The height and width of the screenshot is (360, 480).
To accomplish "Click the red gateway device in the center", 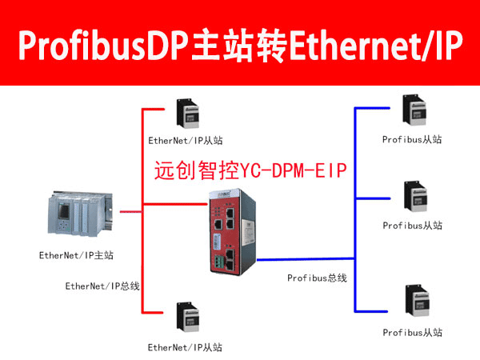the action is click(x=233, y=232).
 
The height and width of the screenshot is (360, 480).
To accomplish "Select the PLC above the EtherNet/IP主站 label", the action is click(x=80, y=214).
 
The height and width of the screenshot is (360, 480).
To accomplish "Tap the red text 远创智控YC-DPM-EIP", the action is click(x=250, y=170).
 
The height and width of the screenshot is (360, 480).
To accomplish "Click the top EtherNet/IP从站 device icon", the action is click(x=188, y=114).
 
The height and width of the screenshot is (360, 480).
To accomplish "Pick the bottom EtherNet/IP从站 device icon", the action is click(x=188, y=317).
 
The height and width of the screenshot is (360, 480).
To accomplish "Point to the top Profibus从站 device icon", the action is click(x=414, y=110).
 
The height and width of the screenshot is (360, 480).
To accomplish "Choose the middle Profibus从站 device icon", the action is click(x=415, y=196).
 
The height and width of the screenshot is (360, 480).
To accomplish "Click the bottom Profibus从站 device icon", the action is click(x=418, y=301).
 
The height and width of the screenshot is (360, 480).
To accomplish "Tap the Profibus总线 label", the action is click(x=317, y=278).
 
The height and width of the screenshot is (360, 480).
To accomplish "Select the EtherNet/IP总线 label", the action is click(x=102, y=286).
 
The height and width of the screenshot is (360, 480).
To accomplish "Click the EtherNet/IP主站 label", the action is click(x=76, y=255).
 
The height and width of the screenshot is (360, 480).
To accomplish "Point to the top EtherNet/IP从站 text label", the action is click(x=186, y=141).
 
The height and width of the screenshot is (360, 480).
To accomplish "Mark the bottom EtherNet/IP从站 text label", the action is click(x=185, y=347).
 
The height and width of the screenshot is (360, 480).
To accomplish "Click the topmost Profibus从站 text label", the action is click(x=412, y=139).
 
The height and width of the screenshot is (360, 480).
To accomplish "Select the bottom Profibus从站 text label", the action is click(x=412, y=333).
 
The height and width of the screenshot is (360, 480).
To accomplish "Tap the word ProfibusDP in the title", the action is click(x=104, y=45).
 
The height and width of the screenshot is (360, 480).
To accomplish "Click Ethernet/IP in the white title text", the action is click(x=376, y=45).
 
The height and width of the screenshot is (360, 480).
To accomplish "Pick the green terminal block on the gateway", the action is click(x=219, y=263).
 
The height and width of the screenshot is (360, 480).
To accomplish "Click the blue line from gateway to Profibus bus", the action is click(x=306, y=259).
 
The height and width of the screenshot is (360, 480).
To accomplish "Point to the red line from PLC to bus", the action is click(x=131, y=211).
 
